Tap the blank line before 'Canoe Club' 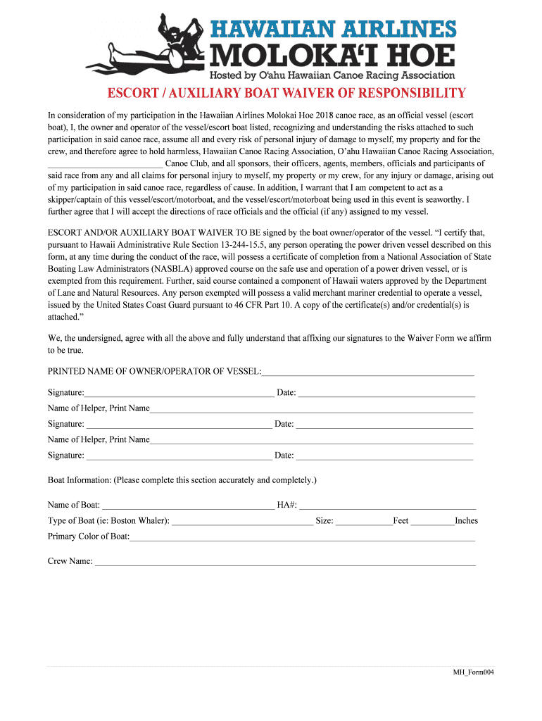tap(105, 163)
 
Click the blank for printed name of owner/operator tap(367, 371)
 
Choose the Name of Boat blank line tap(187, 505)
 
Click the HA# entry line tap(387, 505)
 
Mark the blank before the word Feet tap(364, 521)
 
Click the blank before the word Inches tap(432, 521)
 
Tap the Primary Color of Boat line tap(303, 537)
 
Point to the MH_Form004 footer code tap(474, 672)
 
